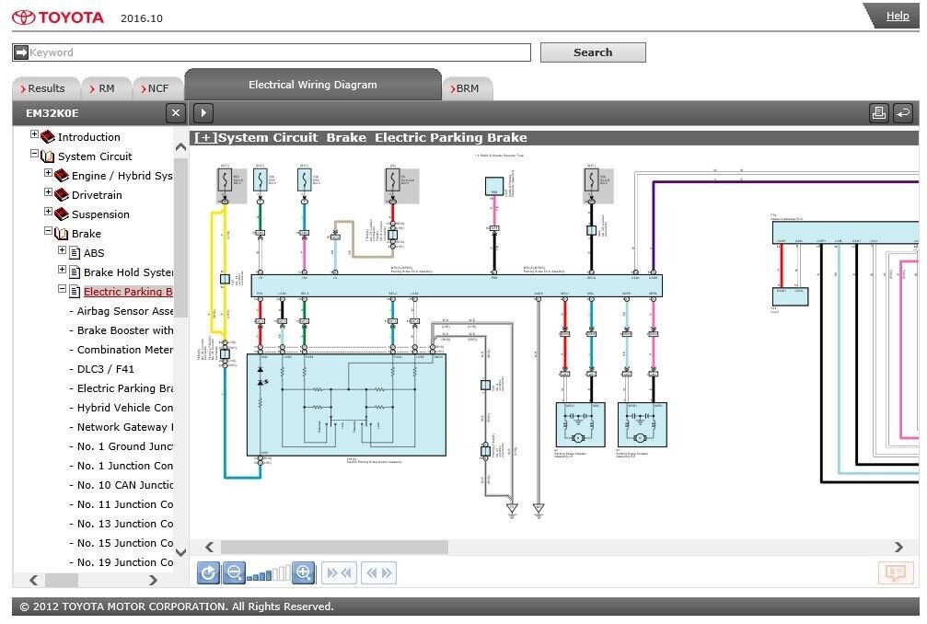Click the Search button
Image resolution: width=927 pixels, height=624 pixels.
click(x=593, y=52)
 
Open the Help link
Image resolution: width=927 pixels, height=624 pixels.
click(x=898, y=16)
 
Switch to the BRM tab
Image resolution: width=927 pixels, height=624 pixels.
click(x=468, y=88)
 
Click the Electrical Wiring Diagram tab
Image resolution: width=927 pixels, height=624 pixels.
click(x=313, y=85)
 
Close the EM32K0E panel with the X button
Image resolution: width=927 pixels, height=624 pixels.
click(x=175, y=113)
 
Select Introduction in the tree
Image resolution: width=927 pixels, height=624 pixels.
click(x=88, y=137)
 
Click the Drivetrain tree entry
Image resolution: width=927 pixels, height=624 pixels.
click(x=97, y=195)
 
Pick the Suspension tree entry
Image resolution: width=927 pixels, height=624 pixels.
click(x=100, y=214)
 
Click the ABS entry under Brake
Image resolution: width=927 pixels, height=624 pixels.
click(x=94, y=253)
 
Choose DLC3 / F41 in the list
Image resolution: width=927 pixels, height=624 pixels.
click(x=106, y=369)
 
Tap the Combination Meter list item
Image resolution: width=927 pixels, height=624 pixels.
click(x=124, y=350)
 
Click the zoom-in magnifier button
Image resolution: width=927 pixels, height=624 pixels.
click(x=304, y=573)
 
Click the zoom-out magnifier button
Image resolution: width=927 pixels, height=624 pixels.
click(x=234, y=573)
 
